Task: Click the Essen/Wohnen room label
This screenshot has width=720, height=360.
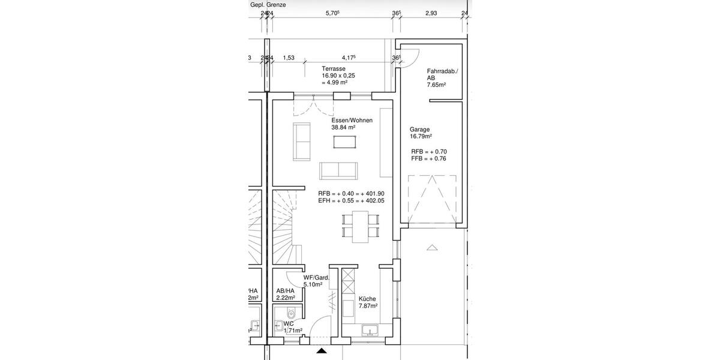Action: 352,120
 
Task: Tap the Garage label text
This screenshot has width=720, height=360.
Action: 419,129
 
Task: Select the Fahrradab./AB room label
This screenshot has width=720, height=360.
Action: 442,74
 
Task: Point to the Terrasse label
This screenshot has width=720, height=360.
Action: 334,69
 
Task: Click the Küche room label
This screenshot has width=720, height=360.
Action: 367,298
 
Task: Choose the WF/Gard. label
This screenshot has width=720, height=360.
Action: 316,278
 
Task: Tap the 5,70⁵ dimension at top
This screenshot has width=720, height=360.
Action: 332,13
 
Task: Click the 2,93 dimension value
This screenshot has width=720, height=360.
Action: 431,13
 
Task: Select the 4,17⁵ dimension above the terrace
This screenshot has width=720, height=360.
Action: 349,58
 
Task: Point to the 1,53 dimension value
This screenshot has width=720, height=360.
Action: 289,58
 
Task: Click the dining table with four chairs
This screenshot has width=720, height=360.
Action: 361,226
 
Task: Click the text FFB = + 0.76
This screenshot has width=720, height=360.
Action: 429,159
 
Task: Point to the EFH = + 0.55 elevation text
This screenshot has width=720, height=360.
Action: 351,201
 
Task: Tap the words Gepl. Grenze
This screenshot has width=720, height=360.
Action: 268,5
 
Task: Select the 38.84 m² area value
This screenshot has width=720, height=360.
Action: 343,127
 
